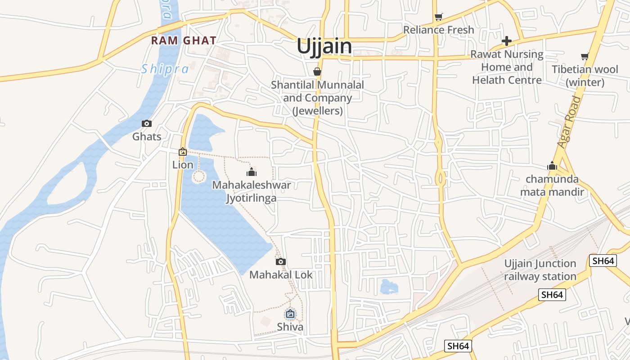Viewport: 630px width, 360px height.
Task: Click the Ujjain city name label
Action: (x=324, y=46)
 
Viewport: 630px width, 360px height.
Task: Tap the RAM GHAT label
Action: (x=184, y=40)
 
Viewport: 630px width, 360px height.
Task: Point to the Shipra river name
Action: (x=165, y=69)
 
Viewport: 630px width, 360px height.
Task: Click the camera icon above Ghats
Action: (x=147, y=123)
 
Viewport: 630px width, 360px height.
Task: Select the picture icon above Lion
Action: (x=183, y=152)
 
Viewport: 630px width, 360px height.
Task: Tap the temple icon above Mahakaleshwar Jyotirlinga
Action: (x=252, y=172)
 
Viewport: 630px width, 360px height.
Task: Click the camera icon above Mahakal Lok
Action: (x=281, y=261)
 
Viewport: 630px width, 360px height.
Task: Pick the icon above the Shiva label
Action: (x=290, y=314)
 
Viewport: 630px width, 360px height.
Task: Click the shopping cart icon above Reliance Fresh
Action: (x=439, y=17)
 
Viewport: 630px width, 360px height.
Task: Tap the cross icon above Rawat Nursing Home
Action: (x=507, y=41)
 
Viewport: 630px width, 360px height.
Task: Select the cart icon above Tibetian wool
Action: (x=585, y=57)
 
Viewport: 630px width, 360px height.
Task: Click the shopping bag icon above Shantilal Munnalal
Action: (x=317, y=72)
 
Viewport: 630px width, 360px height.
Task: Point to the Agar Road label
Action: (x=569, y=121)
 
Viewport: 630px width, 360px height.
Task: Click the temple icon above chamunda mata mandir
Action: (x=552, y=166)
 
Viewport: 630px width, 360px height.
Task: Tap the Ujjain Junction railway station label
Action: (x=540, y=270)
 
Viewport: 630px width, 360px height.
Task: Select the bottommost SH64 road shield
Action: (x=458, y=346)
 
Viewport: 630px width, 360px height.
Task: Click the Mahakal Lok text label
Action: (x=281, y=274)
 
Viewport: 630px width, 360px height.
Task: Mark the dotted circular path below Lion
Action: (x=198, y=176)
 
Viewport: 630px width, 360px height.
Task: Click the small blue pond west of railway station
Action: (x=388, y=286)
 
